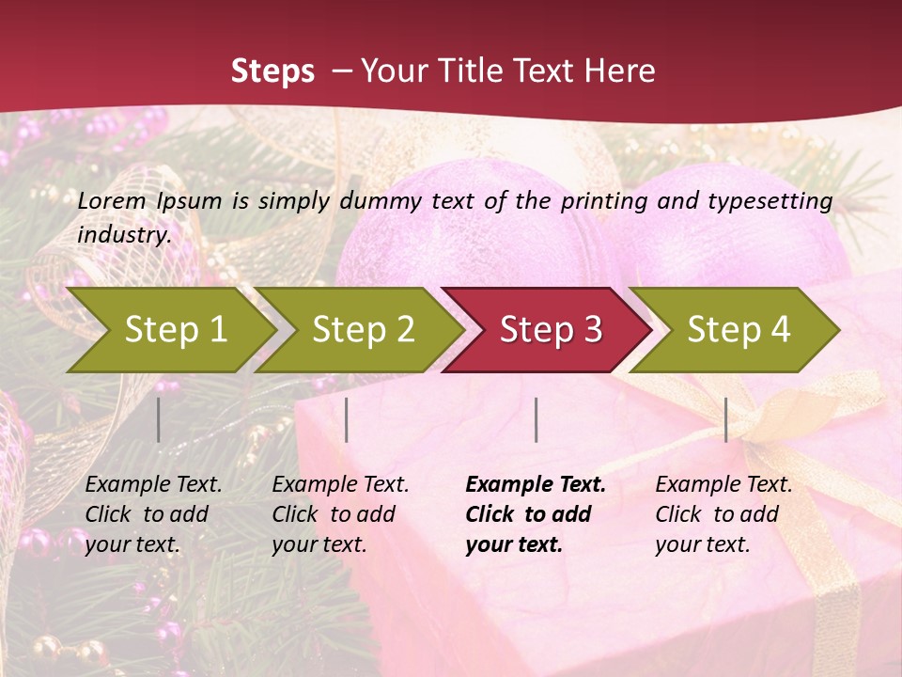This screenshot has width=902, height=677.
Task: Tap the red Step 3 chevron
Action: click(x=551, y=329)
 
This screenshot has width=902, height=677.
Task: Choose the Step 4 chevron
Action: click(x=739, y=329)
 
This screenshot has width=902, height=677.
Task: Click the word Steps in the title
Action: click(x=272, y=71)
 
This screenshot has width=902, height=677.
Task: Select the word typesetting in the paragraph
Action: click(x=776, y=200)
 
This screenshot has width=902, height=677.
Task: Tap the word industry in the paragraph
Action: click(x=124, y=234)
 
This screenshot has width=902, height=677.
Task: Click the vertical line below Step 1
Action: click(x=159, y=419)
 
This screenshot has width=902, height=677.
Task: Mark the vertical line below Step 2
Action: click(x=347, y=419)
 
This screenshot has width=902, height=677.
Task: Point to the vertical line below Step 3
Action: click(x=536, y=419)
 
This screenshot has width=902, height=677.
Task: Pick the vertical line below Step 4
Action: click(x=725, y=419)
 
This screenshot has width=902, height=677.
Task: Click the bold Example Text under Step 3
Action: click(x=536, y=485)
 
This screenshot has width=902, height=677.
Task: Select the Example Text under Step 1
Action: click(x=153, y=485)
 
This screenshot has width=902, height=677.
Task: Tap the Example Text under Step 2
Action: click(x=340, y=485)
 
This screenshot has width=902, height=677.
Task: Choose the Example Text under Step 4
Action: click(x=723, y=485)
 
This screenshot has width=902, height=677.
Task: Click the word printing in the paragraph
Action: click(x=605, y=200)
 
